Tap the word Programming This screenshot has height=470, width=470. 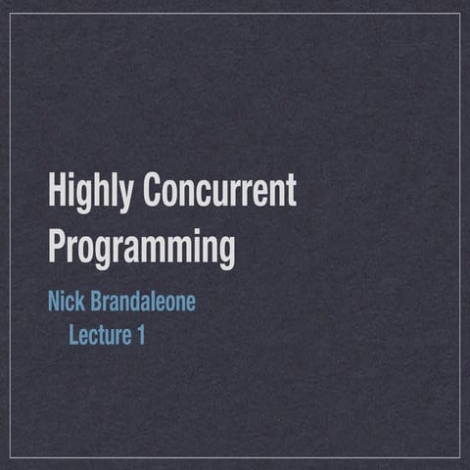pyautogui.click(x=142, y=250)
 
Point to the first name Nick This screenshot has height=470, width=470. pyautogui.click(x=66, y=301)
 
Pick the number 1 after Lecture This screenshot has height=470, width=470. pyautogui.click(x=140, y=335)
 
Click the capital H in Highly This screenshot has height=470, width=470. pyautogui.click(x=57, y=190)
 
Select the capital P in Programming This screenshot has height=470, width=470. pyautogui.click(x=57, y=247)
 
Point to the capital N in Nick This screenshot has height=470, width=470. pyautogui.click(x=54, y=301)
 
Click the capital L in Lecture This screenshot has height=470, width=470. pyautogui.click(x=72, y=335)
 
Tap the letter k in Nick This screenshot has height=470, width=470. pyautogui.click(x=80, y=301)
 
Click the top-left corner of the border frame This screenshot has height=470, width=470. pyautogui.click(x=11, y=13)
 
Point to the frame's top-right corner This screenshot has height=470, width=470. pyautogui.click(x=459, y=13)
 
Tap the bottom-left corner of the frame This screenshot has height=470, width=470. pyautogui.click(x=11, y=457)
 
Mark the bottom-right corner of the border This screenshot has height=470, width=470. pyautogui.click(x=459, y=457)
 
